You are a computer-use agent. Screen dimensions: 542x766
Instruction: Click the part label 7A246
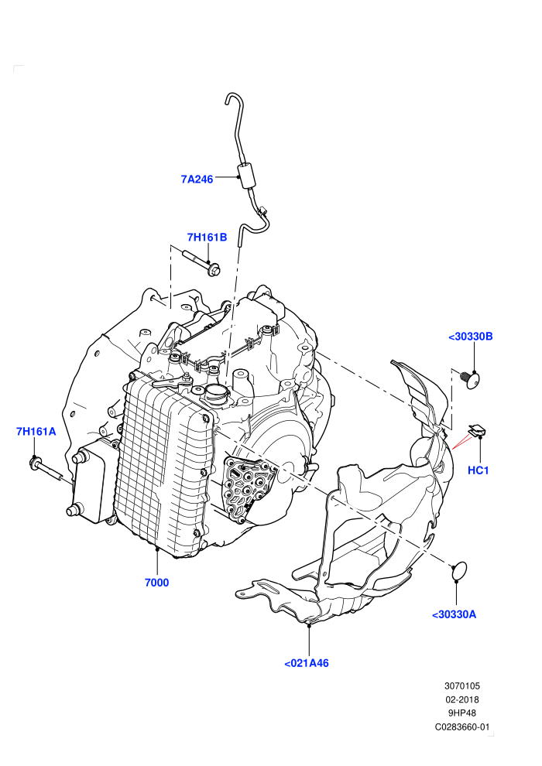[x=197, y=180]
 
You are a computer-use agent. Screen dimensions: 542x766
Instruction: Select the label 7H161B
[x=208, y=238]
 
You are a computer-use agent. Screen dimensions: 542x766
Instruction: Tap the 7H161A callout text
[x=36, y=432]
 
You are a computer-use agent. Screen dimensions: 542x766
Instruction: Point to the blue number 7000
[x=157, y=583]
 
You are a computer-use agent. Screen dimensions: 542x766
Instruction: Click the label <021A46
[x=307, y=663]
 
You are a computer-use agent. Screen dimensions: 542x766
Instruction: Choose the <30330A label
[x=454, y=614]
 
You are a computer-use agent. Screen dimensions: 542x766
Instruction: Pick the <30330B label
[x=471, y=337]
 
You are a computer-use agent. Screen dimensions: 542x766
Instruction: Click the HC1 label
[x=479, y=470]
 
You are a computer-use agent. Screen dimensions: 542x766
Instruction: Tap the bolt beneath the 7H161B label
[x=201, y=262]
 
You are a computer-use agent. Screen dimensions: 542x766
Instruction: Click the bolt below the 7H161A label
[x=46, y=470]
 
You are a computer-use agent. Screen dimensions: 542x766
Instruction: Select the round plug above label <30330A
[x=459, y=572]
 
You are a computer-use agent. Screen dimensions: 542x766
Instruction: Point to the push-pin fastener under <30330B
[x=471, y=379]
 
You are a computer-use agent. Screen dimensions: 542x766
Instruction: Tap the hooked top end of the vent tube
[x=232, y=98]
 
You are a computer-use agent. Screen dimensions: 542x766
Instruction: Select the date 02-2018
[x=462, y=699]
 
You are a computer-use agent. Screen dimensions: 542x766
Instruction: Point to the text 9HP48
[x=462, y=713]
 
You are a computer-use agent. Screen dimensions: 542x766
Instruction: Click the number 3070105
[x=462, y=686]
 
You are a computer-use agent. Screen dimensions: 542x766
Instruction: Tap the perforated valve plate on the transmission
[x=249, y=488]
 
